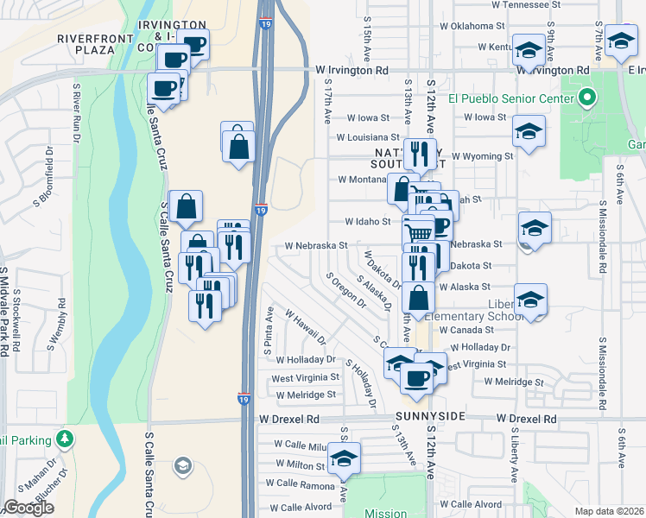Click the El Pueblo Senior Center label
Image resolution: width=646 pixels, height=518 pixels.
pos(510,98)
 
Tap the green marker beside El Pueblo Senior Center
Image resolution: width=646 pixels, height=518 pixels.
pos(586,98)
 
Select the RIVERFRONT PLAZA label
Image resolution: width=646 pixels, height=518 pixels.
pos(98,44)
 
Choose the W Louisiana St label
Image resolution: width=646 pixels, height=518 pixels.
pos(368,136)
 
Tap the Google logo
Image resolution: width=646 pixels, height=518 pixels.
pos(28,508)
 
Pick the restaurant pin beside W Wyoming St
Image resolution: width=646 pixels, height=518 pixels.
pos(420,155)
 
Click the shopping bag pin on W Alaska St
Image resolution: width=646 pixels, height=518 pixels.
pos(418,298)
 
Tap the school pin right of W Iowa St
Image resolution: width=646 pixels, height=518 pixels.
pos(528,132)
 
